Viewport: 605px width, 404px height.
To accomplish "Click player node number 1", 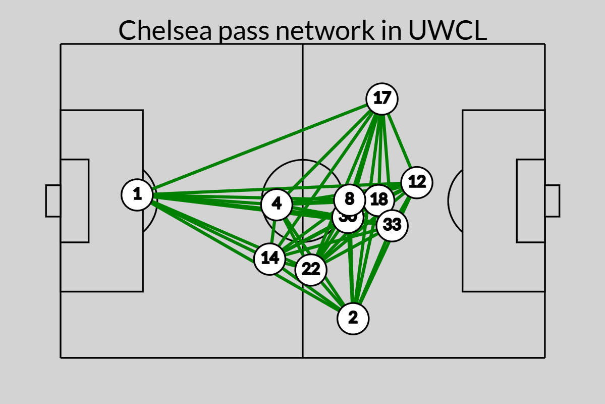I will (137, 194).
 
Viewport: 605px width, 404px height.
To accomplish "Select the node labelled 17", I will (382, 98).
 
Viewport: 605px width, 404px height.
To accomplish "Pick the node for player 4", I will (277, 205).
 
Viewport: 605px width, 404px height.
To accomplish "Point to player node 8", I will (349, 199).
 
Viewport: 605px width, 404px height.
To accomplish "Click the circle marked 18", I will (379, 200).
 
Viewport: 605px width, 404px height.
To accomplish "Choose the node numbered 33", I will (392, 225).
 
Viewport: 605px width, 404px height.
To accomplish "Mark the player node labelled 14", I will (270, 259).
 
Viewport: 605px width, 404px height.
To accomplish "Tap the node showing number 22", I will (311, 270).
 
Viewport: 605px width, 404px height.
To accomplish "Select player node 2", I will (353, 319).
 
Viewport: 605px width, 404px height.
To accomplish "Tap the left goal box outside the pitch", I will (53, 201).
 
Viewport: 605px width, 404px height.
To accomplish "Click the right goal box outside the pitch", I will (552, 201).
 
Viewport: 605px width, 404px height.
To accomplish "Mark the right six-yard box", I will (530, 201).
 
